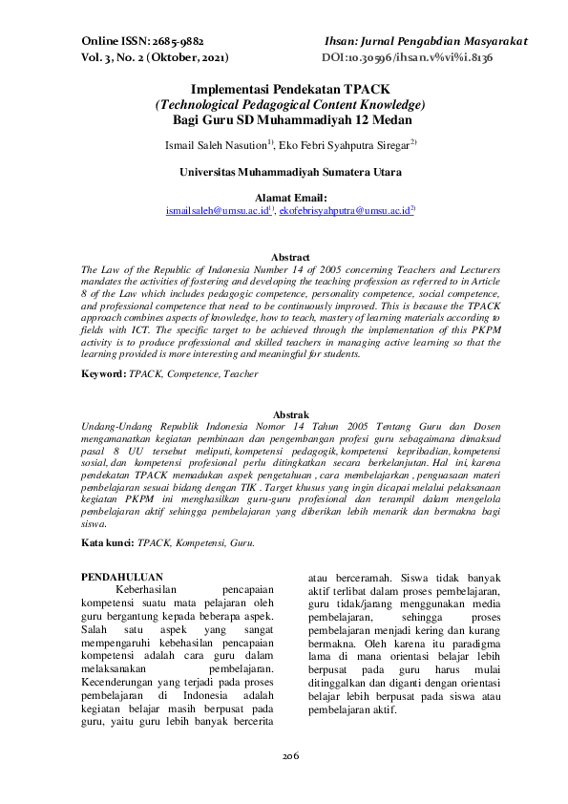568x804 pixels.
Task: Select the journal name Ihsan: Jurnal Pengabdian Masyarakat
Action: (426, 43)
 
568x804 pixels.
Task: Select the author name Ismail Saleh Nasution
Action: (217, 144)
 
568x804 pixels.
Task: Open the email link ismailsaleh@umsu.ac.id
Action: (217, 209)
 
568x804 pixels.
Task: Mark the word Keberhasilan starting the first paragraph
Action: (150, 589)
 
